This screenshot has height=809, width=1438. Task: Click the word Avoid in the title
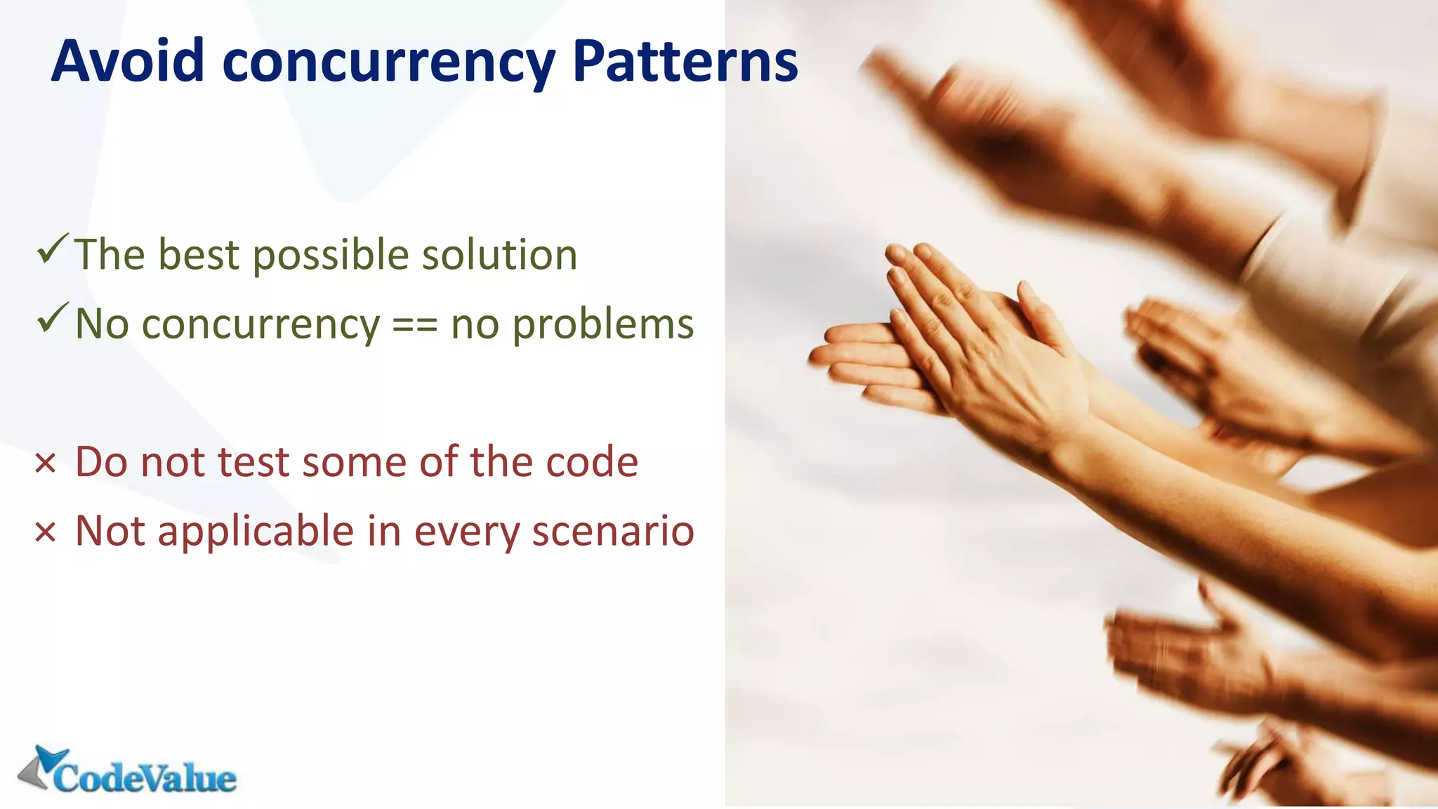coord(128,61)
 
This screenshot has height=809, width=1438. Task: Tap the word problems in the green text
coord(603,326)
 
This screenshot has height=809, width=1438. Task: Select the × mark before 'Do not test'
coord(45,463)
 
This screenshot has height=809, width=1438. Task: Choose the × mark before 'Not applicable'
coord(45,532)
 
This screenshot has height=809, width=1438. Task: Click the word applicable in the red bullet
coord(256,532)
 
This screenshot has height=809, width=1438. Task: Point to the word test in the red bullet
coord(253,463)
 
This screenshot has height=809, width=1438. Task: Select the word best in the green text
coord(199,254)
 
